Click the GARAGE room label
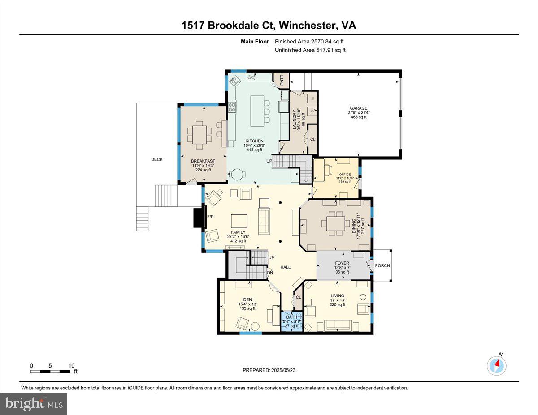(359, 108)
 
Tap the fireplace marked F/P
(198, 217)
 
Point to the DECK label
(156, 159)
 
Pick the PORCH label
(382, 265)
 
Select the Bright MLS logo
(34, 404)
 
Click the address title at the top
(269, 26)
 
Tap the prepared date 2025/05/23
(269, 370)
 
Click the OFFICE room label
(345, 175)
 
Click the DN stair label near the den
(270, 272)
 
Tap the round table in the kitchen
(236, 175)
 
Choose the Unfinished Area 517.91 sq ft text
(310, 50)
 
